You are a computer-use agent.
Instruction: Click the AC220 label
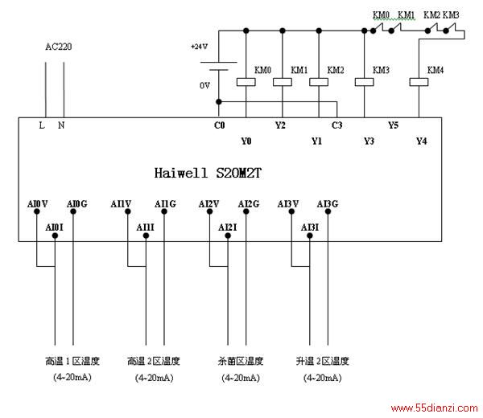click(59, 47)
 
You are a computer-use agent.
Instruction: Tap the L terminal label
click(42, 125)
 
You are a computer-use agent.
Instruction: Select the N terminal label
click(61, 125)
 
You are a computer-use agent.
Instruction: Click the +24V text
click(200, 47)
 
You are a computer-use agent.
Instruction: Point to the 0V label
click(204, 85)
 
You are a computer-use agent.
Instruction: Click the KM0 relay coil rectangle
click(246, 82)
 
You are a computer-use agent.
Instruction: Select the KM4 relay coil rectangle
click(419, 82)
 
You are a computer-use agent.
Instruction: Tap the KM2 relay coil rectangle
click(319, 82)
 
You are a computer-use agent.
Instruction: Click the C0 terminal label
click(219, 125)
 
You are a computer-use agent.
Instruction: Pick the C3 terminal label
click(337, 125)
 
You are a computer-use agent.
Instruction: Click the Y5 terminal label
click(394, 125)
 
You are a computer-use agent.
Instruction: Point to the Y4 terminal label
click(421, 141)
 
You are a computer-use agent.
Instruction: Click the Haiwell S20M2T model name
click(208, 173)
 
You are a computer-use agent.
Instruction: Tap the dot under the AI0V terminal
click(37, 211)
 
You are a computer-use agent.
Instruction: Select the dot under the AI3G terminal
click(328, 211)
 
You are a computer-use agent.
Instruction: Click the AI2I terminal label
click(228, 227)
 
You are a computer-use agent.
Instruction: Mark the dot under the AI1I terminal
click(146, 236)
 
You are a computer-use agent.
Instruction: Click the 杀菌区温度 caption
click(241, 361)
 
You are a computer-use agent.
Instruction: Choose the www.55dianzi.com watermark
click(435, 408)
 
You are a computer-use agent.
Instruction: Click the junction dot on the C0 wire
click(219, 102)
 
